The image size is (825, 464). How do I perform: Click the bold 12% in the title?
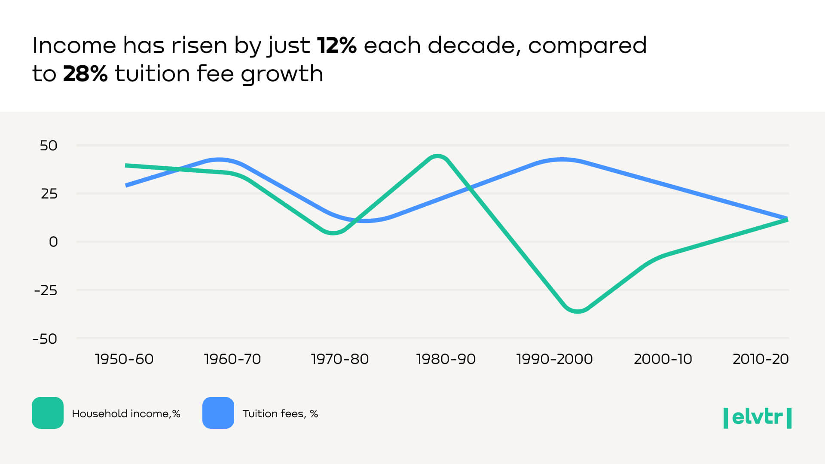tap(336, 46)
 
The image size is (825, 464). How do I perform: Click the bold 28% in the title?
tap(85, 74)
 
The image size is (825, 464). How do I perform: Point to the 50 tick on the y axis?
tap(49, 146)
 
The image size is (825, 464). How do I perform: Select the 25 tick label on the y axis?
tap(49, 194)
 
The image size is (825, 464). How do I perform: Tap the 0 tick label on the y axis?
tap(53, 242)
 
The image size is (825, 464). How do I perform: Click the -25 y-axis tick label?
tap(46, 290)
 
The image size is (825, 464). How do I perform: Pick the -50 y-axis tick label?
tap(45, 339)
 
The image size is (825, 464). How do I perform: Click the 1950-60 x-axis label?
tap(124, 359)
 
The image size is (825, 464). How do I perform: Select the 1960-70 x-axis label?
tap(232, 359)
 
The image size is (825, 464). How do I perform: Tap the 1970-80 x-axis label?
tap(340, 359)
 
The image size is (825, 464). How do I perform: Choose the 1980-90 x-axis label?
tap(446, 359)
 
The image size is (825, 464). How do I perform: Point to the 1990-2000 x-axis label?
tap(554, 359)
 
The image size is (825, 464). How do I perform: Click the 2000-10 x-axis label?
tap(663, 359)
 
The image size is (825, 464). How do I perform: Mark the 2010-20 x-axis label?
tap(761, 359)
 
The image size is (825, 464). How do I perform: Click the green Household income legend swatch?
tap(48, 413)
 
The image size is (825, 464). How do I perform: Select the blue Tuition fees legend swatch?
tap(218, 413)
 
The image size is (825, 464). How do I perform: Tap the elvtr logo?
tap(758, 418)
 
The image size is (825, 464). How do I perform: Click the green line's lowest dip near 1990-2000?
tap(577, 311)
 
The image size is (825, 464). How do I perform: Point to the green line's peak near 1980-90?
tap(437, 156)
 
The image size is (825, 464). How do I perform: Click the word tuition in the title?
tap(153, 74)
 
